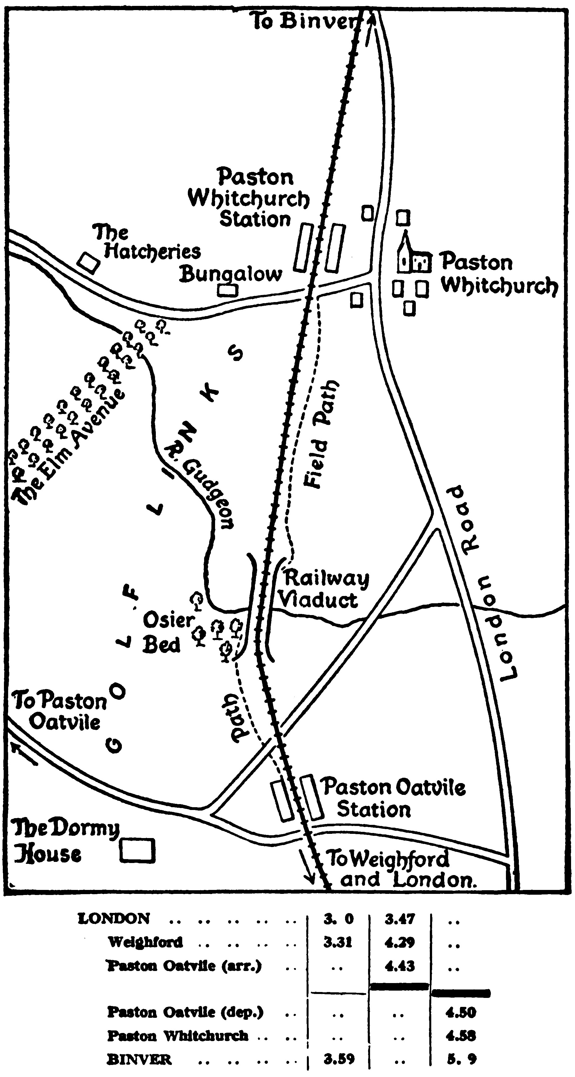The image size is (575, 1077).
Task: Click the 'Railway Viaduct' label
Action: coord(322,590)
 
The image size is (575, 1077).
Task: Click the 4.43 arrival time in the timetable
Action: coord(400,966)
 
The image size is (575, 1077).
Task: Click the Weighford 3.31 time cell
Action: coord(338,942)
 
